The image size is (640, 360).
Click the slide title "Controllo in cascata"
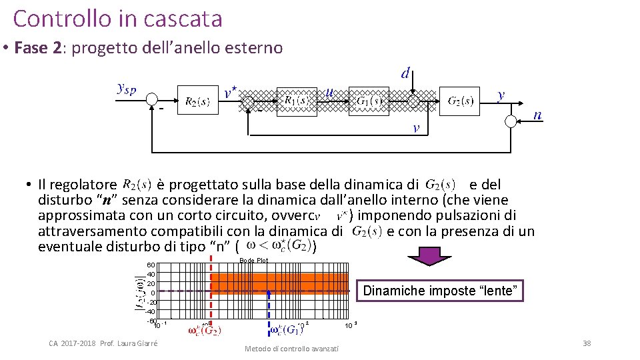(117, 19)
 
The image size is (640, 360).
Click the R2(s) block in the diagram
(197, 101)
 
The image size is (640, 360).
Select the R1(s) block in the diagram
(297, 101)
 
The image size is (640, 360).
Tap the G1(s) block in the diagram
(369, 101)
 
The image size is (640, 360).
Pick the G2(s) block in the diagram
(460, 101)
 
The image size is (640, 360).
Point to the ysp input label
(127, 89)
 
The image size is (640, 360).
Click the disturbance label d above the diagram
(405, 73)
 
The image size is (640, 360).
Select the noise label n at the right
(537, 115)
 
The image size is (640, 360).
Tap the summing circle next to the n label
(512, 121)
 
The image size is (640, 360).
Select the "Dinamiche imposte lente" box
(440, 291)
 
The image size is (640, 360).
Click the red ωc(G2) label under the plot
(205, 329)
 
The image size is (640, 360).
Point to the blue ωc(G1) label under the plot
(287, 329)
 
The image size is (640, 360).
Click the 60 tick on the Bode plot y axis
(151, 265)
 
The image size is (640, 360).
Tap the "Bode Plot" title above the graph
(253, 260)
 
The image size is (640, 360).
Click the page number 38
(586, 343)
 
